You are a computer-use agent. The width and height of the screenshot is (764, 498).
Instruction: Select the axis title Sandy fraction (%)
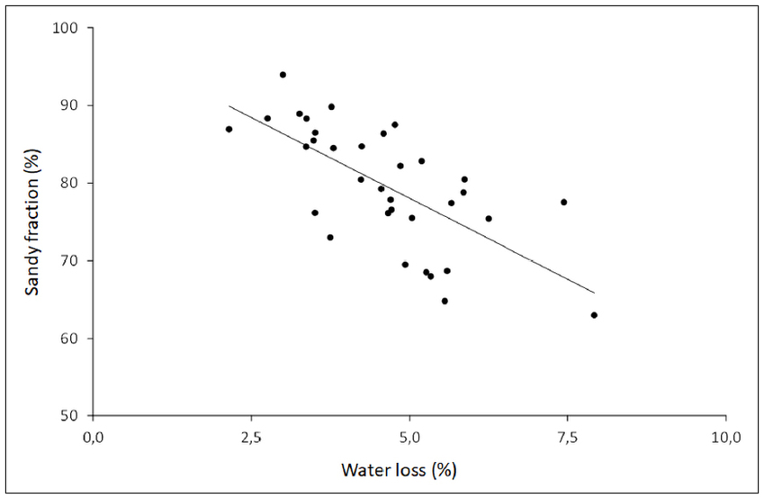[x=31, y=222]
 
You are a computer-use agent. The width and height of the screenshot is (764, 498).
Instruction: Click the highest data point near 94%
[x=283, y=75]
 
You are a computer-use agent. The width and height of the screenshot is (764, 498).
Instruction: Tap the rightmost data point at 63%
[x=594, y=315]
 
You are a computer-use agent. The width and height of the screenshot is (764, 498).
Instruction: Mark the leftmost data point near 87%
[x=229, y=129]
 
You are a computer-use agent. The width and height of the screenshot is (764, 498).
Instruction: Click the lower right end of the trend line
[x=595, y=293]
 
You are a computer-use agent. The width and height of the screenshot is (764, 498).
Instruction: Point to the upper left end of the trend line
[x=229, y=105]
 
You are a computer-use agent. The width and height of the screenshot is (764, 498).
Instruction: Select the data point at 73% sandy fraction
[x=330, y=238]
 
